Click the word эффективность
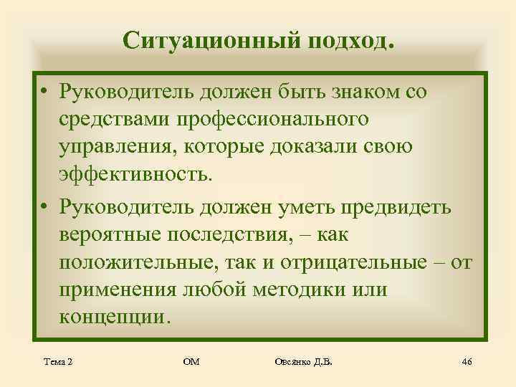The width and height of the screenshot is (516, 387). coord(135,176)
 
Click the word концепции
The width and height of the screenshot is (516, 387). coord(115,317)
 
